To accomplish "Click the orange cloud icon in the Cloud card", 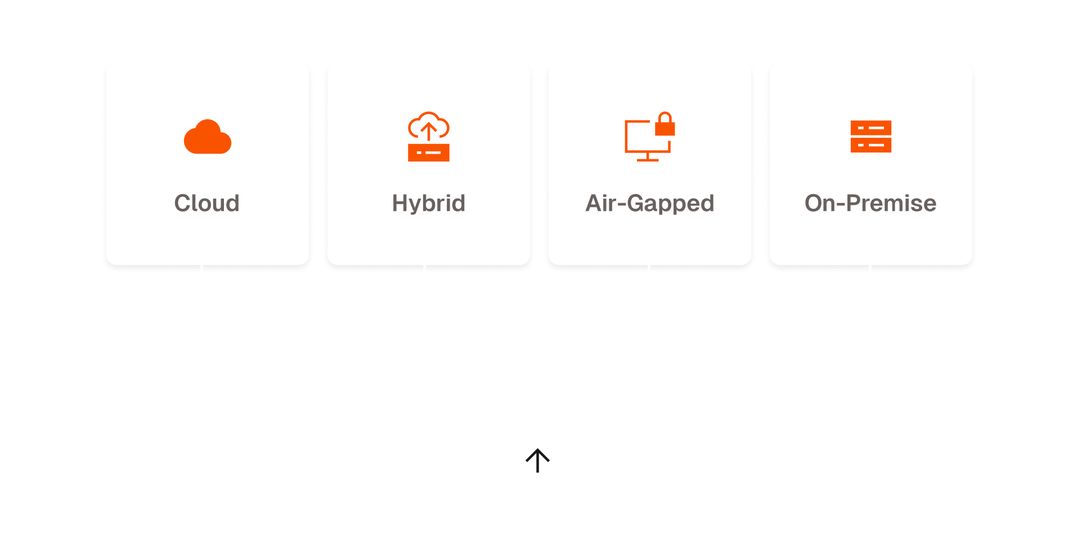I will tap(207, 138).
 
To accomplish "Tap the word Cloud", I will tap(207, 203).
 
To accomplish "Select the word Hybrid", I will tap(428, 203).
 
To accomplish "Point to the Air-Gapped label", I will tap(649, 203).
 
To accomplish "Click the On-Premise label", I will tap(870, 203).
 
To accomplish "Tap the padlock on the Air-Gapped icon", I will tap(665, 125).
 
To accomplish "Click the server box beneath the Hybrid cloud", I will tap(429, 152).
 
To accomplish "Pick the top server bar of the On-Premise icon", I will tap(870, 128).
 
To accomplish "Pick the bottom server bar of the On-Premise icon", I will tap(870, 145).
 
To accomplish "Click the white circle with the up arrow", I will tap(537, 461).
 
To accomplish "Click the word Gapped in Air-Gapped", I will tap(670, 203).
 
